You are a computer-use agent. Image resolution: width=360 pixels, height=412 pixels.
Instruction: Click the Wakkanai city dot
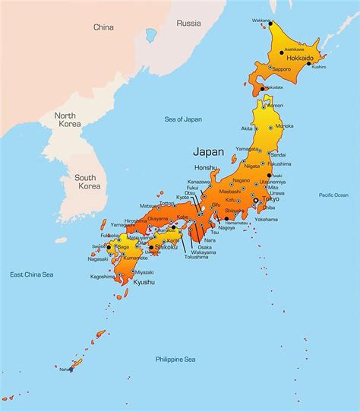pyautogui.click(x=270, y=24)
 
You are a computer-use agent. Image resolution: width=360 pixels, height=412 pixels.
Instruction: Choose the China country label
pyautogui.click(x=103, y=27)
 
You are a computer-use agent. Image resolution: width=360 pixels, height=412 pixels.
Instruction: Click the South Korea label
pyautogui.click(x=85, y=182)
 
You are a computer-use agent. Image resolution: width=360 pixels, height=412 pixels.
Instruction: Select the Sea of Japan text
pyautogui.click(x=183, y=119)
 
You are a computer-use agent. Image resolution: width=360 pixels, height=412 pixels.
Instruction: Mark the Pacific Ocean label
pyautogui.click(x=333, y=195)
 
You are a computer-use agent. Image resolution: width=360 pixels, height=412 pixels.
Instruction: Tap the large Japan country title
pyautogui.click(x=209, y=151)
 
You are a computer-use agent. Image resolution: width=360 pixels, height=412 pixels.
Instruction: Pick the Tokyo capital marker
pyautogui.click(x=266, y=199)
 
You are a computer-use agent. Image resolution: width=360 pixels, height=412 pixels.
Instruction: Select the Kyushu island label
pyautogui.click(x=144, y=282)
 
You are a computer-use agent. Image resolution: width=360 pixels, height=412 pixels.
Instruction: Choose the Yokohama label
pyautogui.click(x=267, y=218)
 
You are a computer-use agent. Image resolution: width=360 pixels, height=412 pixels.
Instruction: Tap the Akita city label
pyautogui.click(x=247, y=129)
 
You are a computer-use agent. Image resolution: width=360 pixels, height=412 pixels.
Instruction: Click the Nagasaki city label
pyautogui.click(x=99, y=258)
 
